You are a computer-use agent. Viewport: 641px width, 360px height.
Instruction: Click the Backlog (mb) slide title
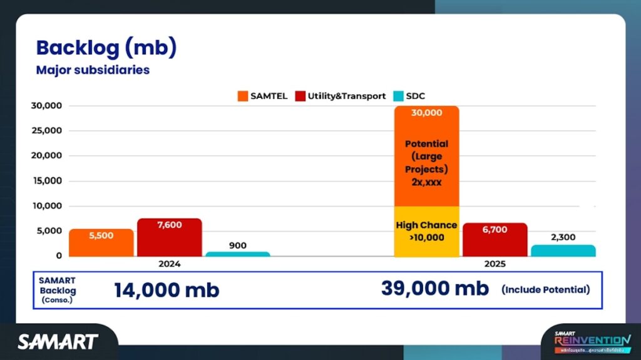(x=106, y=48)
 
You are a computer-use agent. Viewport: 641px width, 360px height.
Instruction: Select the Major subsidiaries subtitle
(x=93, y=70)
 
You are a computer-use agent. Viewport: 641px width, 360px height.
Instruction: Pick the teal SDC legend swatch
(x=398, y=96)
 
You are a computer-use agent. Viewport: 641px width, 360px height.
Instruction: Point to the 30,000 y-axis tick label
(x=46, y=106)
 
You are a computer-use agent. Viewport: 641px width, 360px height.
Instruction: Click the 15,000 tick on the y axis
(x=46, y=181)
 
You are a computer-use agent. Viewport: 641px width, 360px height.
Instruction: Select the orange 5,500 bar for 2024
(x=101, y=243)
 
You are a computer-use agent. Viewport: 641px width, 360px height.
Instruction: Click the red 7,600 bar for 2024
(x=170, y=237)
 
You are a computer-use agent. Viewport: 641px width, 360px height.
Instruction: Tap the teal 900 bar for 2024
(x=237, y=254)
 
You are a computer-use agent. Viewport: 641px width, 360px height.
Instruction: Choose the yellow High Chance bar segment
(x=427, y=232)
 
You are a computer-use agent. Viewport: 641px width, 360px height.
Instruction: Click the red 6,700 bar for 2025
(x=495, y=240)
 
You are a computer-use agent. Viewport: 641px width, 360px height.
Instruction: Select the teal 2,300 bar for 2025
(x=563, y=250)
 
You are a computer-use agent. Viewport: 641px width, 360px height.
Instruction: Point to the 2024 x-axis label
(x=170, y=264)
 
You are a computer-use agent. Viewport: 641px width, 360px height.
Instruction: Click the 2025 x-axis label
(x=495, y=264)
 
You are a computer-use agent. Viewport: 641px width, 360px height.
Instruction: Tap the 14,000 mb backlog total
(x=167, y=291)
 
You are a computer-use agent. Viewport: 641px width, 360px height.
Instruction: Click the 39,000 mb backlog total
(x=435, y=289)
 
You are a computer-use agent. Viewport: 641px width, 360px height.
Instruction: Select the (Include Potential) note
(x=545, y=290)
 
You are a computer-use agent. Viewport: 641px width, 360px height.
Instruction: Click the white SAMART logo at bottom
(x=58, y=342)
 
